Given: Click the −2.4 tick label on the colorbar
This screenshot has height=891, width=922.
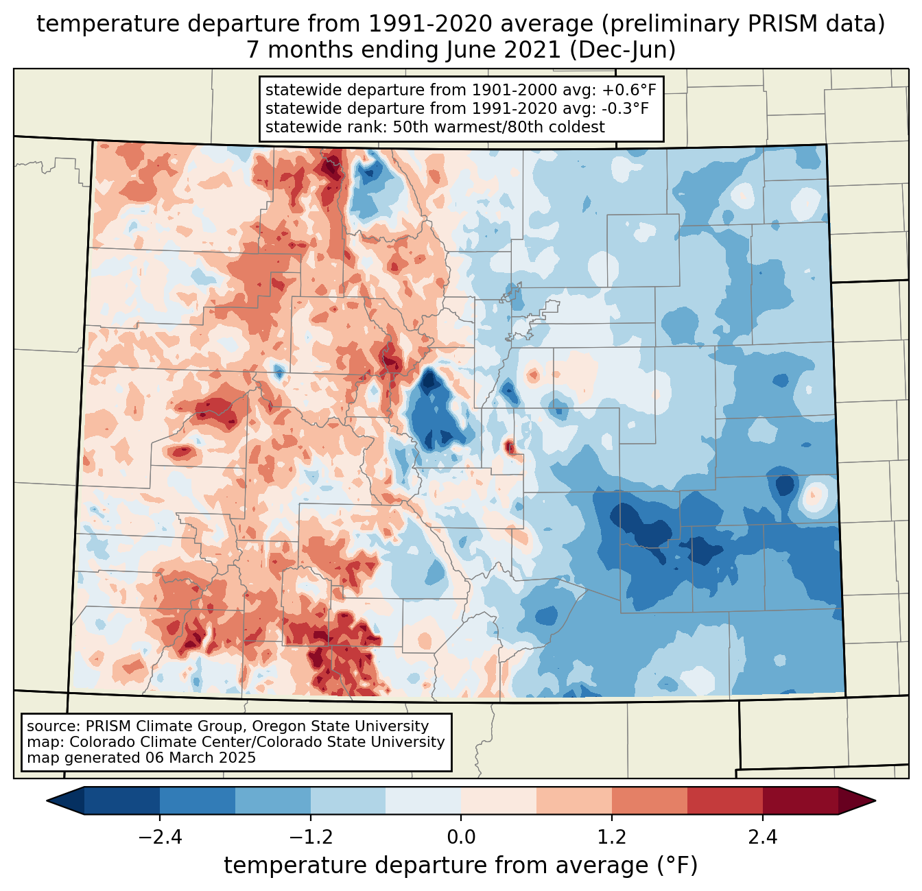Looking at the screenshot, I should click(x=160, y=837).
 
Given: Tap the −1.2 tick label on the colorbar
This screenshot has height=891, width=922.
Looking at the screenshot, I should click(x=310, y=837).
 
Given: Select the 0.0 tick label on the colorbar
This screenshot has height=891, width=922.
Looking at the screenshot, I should click(x=461, y=837).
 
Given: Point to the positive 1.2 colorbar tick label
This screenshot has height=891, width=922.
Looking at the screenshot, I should click(x=611, y=837).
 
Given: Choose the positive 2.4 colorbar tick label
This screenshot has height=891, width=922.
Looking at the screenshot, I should click(x=762, y=837).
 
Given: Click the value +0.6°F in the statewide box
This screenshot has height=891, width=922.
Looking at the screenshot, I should click(x=629, y=90).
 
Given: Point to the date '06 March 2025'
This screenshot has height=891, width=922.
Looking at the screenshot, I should click(x=200, y=758).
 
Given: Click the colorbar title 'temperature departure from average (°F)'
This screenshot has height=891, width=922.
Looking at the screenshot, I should click(x=461, y=866).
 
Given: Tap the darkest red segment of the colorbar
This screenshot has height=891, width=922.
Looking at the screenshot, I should click(x=800, y=800).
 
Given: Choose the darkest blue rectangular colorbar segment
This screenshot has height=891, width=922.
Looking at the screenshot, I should click(x=122, y=800).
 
